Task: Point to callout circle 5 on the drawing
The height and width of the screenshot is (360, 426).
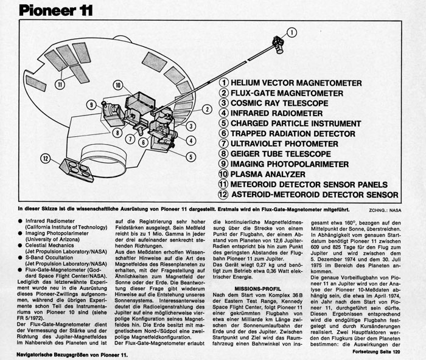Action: coord(191,157)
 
